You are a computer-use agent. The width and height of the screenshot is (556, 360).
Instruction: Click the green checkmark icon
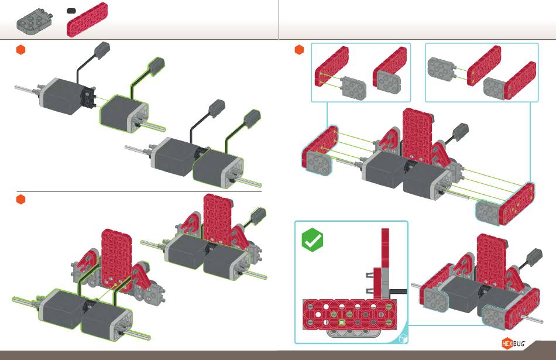pyautogui.click(x=313, y=240)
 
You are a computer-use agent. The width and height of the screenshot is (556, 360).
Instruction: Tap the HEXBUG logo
pyautogui.click(x=513, y=344)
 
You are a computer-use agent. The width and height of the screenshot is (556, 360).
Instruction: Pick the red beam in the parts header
pyautogui.click(x=87, y=19)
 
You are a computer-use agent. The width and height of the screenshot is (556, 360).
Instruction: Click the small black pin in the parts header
pyautogui.click(x=71, y=11)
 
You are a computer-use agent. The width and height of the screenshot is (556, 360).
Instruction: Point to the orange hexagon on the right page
pyautogui.click(x=299, y=50)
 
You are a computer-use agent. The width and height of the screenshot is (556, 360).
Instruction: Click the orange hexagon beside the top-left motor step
pyautogui.click(x=21, y=50)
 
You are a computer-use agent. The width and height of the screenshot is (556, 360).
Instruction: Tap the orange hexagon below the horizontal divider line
pyautogui.click(x=21, y=200)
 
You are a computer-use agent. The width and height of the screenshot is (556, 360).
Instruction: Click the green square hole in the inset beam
pyautogui.click(x=341, y=323)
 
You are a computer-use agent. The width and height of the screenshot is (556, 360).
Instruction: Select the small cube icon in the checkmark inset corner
pyautogui.click(x=403, y=339)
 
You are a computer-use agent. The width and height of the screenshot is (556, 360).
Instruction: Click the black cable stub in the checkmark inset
pyautogui.click(x=398, y=292)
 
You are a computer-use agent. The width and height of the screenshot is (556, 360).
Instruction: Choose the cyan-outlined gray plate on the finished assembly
pyautogui.click(x=495, y=315)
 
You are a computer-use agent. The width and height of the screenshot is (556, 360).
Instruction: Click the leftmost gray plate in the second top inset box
pyautogui.click(x=441, y=69)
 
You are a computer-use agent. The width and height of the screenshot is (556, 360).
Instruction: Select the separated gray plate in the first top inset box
pyautogui.click(x=353, y=87)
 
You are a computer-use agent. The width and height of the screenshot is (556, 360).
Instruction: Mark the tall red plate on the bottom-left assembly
pyautogui.click(x=116, y=258)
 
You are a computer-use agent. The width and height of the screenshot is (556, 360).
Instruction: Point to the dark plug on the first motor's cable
pyautogui.click(x=102, y=51)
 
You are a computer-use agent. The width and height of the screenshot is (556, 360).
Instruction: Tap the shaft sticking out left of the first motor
pyautogui.click(x=27, y=89)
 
